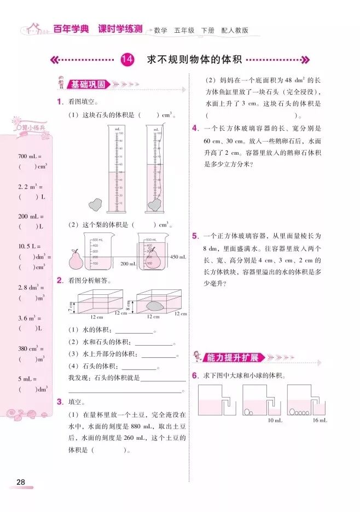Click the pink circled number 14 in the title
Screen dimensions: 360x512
click(127, 60)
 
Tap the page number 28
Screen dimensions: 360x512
click(21, 482)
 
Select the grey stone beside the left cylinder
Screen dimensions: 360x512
click(96, 204)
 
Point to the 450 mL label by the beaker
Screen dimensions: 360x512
click(178, 257)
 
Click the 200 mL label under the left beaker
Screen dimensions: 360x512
click(127, 264)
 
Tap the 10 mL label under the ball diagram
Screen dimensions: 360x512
click(275, 420)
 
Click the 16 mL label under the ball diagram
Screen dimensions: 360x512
click(320, 420)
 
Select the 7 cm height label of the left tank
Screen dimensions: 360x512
click(71, 306)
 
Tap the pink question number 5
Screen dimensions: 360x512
click(195, 236)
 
